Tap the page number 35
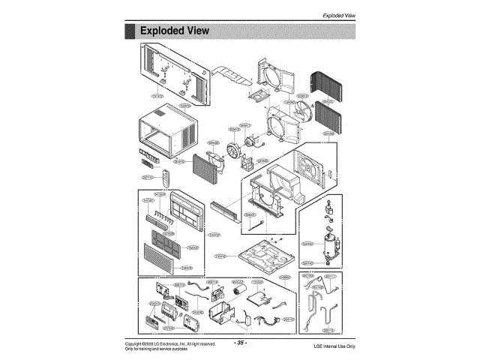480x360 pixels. [x=241, y=343]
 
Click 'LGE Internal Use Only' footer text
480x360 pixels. [x=334, y=346]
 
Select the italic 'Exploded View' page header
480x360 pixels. [x=337, y=15]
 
